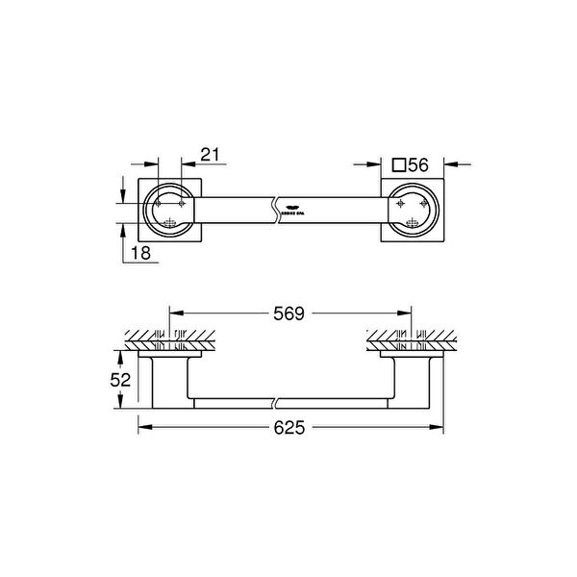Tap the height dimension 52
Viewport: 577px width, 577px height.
pyautogui.click(x=120, y=380)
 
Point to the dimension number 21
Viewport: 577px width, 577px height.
pyautogui.click(x=211, y=153)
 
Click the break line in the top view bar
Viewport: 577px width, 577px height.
pyautogui.click(x=277, y=205)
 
